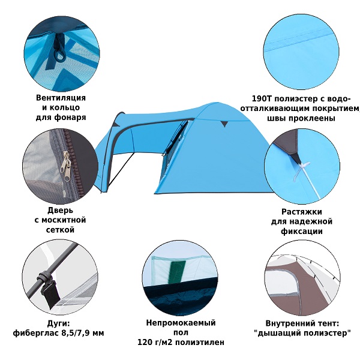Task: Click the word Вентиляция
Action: coord(61,98)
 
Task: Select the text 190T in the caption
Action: coord(262,99)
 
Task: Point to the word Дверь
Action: coord(60,211)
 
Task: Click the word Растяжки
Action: coord(302,212)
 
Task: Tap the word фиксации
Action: coord(302,231)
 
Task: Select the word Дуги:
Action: coord(58,324)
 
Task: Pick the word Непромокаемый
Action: coord(181,323)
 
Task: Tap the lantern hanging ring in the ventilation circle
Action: coord(59,55)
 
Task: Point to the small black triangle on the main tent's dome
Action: coord(224,124)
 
